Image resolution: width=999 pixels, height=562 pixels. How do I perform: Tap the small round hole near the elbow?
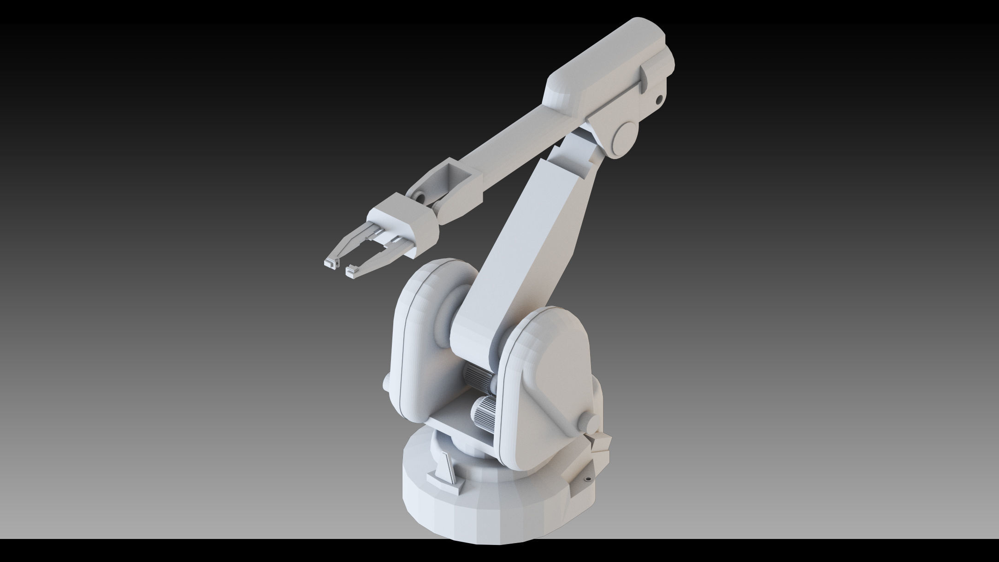click(660, 98)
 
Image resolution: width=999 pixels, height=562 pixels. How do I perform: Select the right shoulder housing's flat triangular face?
click(553, 369)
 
